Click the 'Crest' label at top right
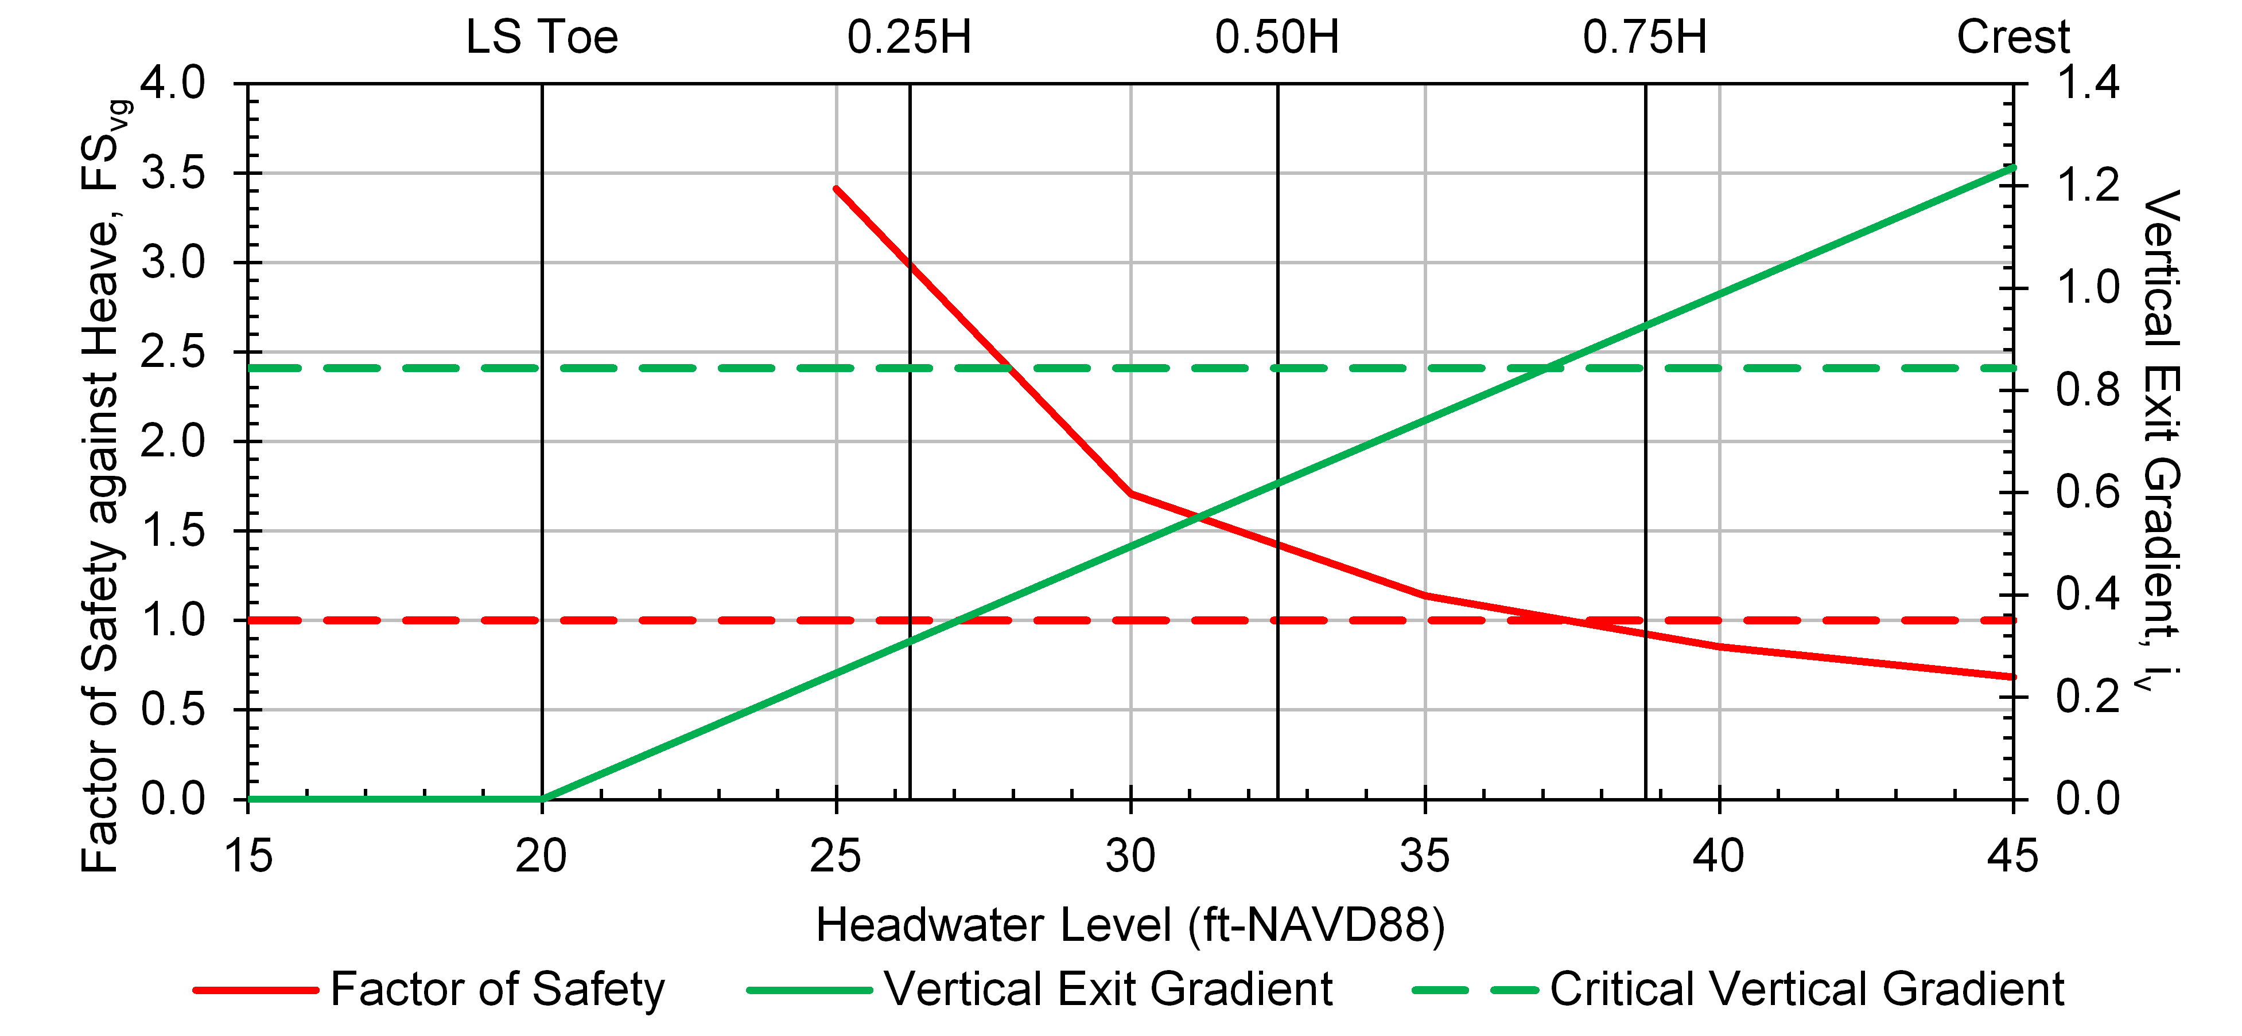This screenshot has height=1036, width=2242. point(2012,37)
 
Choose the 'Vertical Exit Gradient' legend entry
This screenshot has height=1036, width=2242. point(1108,989)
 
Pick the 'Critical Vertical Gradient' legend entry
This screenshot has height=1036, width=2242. point(1807,989)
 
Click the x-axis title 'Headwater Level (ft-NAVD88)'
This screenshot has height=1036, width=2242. point(1130,925)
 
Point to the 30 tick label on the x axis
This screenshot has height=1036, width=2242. point(1130,856)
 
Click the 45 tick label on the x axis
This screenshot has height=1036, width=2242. point(2012,856)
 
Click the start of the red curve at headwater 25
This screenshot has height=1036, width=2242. point(837,189)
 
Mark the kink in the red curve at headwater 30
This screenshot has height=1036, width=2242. point(1130,493)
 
